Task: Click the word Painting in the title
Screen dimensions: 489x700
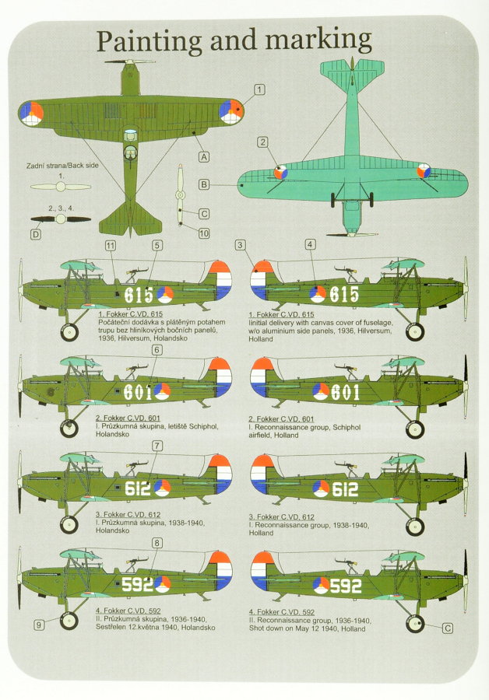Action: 150,41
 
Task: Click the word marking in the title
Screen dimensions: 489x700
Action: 318,40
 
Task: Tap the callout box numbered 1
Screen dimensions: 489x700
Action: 259,89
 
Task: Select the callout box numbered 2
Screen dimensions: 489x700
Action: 263,142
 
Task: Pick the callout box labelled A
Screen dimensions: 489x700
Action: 204,156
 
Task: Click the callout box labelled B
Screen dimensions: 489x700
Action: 204,184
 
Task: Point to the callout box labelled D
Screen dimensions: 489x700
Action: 35,234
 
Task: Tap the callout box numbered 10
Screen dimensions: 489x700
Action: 204,233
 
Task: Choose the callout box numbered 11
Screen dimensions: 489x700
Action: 110,246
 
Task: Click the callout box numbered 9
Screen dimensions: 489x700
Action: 39,625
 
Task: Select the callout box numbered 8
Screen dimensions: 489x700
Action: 157,543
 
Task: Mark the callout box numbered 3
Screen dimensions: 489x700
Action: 241,245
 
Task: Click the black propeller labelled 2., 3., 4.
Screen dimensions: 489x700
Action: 60,219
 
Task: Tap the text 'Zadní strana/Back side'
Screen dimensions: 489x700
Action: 62,165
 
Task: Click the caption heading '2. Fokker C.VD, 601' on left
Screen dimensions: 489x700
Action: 128,418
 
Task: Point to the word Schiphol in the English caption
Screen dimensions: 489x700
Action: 347,427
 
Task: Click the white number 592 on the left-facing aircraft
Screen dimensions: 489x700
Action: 137,584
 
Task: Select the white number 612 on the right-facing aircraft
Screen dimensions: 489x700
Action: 345,489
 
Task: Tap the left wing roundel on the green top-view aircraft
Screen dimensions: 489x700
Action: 31,114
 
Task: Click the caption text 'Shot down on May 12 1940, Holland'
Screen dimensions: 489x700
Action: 307,628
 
